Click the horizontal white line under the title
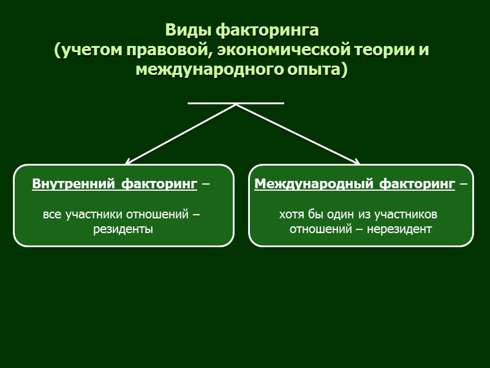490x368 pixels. (236, 103)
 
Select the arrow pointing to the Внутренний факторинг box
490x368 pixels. (181, 134)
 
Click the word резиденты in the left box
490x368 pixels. (123, 229)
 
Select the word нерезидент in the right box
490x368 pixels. (401, 229)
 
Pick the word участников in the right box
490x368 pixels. (405, 215)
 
